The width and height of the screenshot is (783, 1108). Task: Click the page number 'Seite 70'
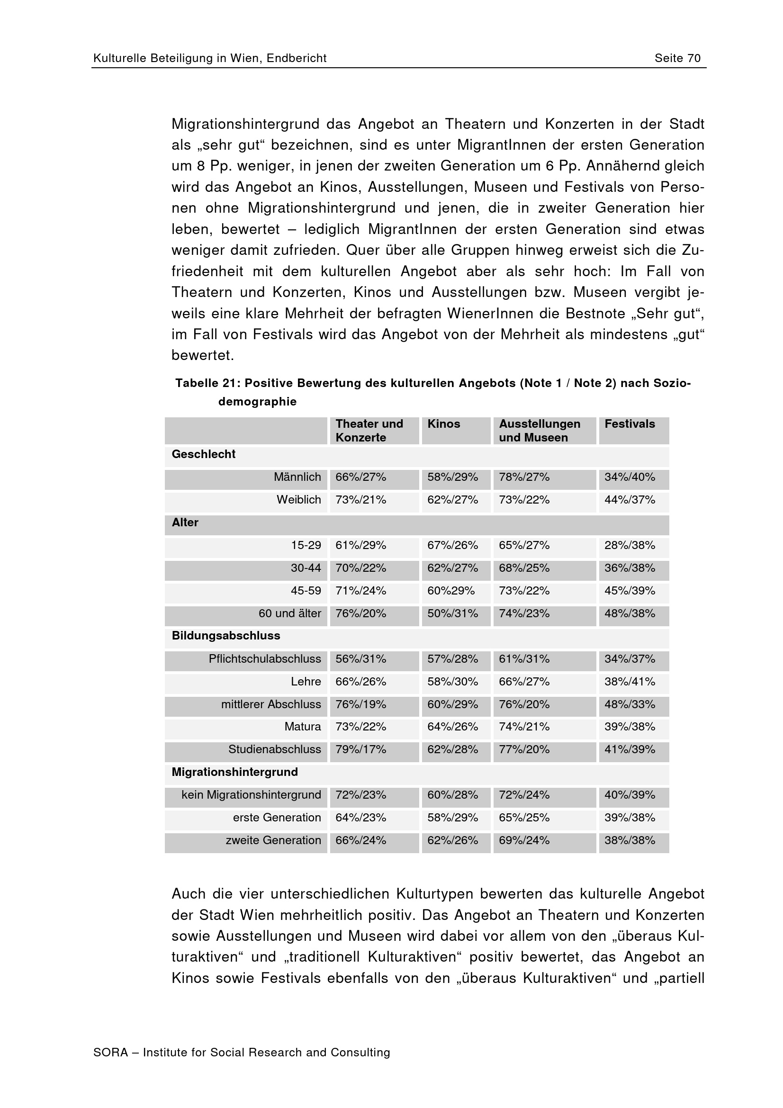677,58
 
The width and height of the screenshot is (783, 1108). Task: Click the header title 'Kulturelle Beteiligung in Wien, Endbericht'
210,58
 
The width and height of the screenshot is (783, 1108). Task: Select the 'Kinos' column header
443,423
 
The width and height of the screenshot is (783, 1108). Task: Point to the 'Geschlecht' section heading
204,454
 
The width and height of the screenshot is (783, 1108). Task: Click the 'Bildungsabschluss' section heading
226,636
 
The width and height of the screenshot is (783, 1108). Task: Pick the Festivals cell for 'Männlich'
630,477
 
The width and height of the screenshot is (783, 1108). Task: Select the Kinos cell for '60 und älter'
452,613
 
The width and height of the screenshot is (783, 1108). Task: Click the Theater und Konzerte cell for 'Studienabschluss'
361,749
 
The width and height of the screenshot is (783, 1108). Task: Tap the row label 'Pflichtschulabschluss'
264,659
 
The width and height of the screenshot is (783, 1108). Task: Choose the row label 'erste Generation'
277,818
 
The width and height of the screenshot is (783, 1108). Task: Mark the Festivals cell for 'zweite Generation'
630,840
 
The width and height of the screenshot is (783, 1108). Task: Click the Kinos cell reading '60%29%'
450,591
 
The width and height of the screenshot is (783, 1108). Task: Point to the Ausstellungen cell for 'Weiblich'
524,500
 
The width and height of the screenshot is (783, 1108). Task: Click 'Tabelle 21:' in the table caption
207,383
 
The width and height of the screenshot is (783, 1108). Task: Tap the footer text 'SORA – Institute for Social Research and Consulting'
241,1053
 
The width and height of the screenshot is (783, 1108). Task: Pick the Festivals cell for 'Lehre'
630,681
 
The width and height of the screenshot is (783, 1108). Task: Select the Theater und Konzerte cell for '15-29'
361,545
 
